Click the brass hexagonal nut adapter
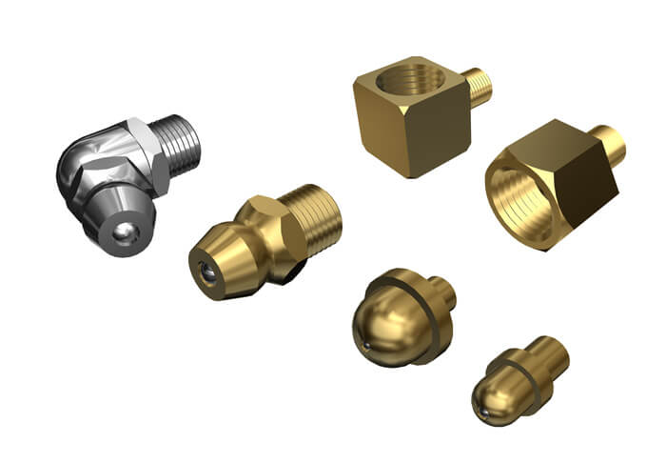(547, 186)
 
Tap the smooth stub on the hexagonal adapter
(609, 146)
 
